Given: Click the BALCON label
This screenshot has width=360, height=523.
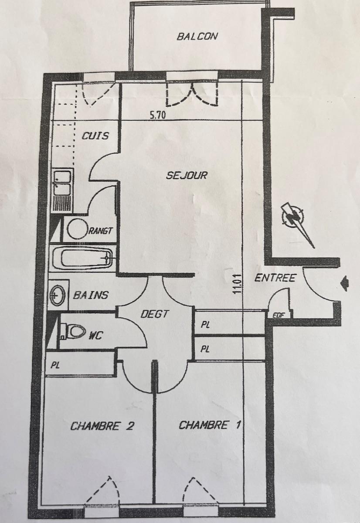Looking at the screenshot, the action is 197,37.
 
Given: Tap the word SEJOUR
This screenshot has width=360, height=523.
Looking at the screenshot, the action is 187,175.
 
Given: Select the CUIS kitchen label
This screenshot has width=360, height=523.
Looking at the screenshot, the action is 95,136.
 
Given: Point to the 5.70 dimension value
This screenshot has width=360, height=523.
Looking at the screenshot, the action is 158,115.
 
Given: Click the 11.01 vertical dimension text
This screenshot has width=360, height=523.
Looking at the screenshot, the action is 238,285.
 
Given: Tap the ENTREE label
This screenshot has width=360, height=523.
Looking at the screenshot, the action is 275,278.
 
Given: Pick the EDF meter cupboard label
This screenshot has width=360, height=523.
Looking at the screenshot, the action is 278,316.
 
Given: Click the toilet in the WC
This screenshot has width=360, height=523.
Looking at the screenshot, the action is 73,331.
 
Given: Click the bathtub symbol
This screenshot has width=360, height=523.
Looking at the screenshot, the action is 83,258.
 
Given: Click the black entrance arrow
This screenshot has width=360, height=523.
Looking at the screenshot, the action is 345,283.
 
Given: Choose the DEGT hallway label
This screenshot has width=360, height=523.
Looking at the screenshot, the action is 154,314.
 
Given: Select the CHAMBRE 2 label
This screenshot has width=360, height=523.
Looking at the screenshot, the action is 102,426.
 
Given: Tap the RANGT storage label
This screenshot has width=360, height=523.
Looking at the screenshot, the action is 100,231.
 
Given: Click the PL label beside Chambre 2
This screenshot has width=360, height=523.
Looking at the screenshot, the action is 55,365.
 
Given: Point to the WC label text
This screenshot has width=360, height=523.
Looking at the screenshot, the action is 96,336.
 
